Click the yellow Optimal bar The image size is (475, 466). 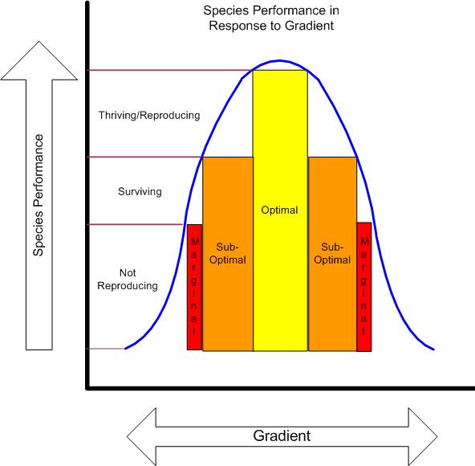[x=280, y=211]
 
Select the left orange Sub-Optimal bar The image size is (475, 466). [x=228, y=254]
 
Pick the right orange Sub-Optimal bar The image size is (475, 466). [x=332, y=254]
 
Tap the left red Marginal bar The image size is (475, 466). [x=194, y=287]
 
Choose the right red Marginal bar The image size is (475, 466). [x=363, y=287]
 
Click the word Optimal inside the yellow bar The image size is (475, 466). [x=279, y=210]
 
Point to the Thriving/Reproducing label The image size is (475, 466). [x=149, y=115]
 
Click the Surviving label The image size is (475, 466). [x=140, y=191]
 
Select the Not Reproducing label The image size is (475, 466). [x=128, y=279]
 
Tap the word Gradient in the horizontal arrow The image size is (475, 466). [x=282, y=435]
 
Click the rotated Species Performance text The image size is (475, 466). [x=39, y=195]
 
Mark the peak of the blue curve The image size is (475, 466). [x=280, y=61]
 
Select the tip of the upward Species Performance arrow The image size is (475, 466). [x=39, y=42]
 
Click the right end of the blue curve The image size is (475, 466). [x=434, y=349]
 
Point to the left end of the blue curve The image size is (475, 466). [x=125, y=348]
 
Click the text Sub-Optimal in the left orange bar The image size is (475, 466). [x=228, y=253]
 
